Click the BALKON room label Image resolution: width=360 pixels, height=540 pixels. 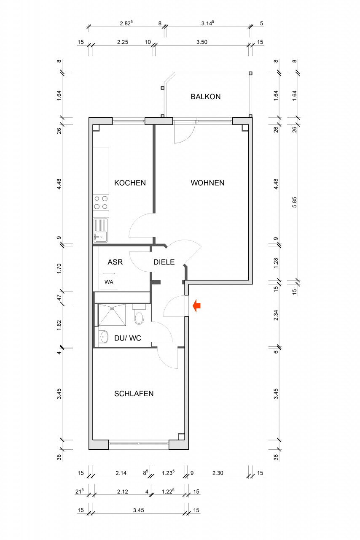pos(206,97)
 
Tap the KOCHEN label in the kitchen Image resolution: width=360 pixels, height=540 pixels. pos(130,183)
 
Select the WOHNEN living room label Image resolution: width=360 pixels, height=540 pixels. pos(207,183)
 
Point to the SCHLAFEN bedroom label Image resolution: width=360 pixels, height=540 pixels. pos(134,394)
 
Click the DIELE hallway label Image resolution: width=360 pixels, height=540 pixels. pos(164,262)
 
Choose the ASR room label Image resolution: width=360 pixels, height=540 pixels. pos(115,262)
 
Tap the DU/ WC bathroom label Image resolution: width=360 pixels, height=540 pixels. pos(127,338)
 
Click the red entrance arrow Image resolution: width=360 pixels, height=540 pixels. pos(196,306)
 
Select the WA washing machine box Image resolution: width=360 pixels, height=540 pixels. pos(109,281)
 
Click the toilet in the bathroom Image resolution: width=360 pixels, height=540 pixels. pos(139,314)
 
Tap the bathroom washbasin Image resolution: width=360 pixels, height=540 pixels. pos(104,336)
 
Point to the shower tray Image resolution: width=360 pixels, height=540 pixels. pos(112,315)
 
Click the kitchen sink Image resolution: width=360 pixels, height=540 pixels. pos(101,230)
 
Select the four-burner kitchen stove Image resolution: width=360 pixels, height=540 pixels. pos(101,202)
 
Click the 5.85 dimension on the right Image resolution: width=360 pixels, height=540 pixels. pos(294,202)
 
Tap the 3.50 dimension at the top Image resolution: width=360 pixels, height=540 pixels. pos(201,42)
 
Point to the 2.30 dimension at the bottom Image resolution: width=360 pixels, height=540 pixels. pos(218,473)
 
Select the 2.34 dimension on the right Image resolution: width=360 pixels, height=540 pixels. pos(276,315)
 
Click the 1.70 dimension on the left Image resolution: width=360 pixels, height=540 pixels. pos(59,269)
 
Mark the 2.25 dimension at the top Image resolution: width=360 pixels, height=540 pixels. pos(122,42)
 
